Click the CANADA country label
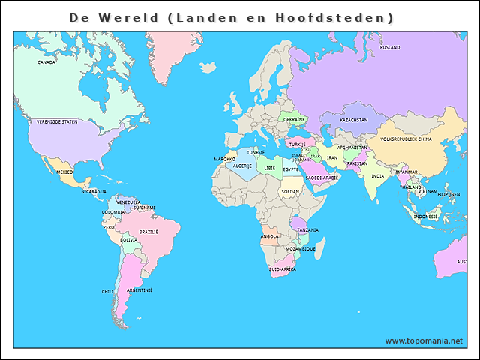[x=46, y=62]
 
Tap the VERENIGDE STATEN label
[x=58, y=121]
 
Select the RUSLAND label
[x=390, y=47]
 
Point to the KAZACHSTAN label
[x=353, y=120]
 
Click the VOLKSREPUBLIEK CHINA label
[x=406, y=139]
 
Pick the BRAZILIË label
[x=148, y=232]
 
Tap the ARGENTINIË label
[x=139, y=289]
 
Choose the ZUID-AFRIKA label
[x=283, y=268]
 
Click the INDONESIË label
[x=425, y=217]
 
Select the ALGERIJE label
[x=242, y=166]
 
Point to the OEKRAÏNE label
[x=294, y=119]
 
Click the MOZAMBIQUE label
[x=300, y=248]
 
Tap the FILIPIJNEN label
[x=448, y=194]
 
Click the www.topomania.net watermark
[x=424, y=340]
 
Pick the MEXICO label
[x=64, y=172]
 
